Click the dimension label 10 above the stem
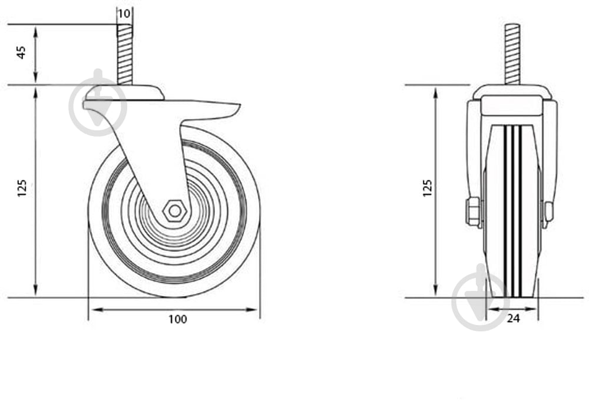(124, 14)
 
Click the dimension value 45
(21, 52)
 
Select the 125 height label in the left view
(22, 188)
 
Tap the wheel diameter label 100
(177, 319)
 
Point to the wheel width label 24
(513, 319)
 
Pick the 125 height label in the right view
(428, 188)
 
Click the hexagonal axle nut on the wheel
(175, 211)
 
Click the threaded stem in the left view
(125, 54)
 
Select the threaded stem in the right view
(512, 54)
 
